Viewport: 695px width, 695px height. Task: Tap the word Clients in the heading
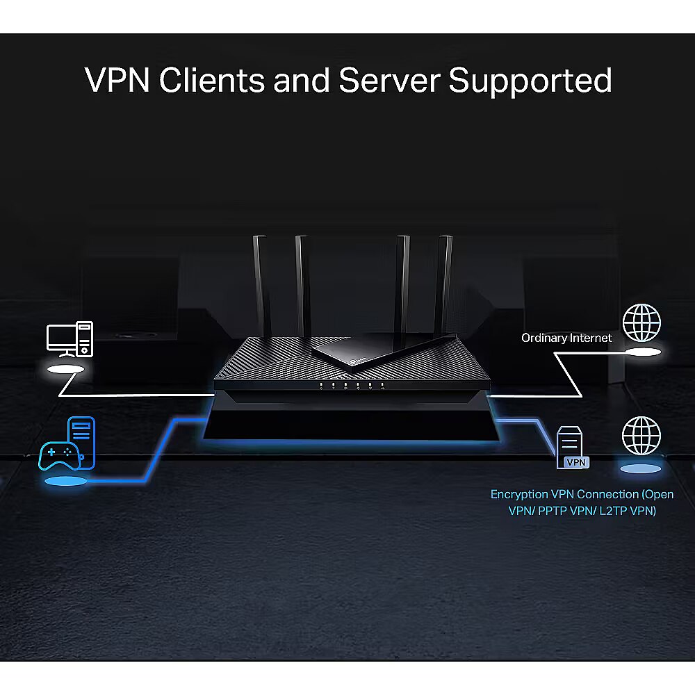(211, 80)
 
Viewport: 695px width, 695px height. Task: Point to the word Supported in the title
(530, 81)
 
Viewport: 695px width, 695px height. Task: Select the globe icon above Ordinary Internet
(641, 322)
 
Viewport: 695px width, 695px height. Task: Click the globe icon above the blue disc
(641, 435)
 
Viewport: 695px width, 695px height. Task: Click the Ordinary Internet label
(567, 338)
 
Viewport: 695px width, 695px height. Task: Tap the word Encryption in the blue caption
(519, 494)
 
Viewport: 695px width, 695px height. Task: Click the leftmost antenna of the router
(261, 285)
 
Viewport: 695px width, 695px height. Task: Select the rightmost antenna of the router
(444, 285)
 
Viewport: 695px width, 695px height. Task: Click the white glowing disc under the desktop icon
(68, 370)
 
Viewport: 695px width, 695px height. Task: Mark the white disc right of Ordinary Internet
(641, 354)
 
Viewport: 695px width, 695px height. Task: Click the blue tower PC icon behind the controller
(81, 436)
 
